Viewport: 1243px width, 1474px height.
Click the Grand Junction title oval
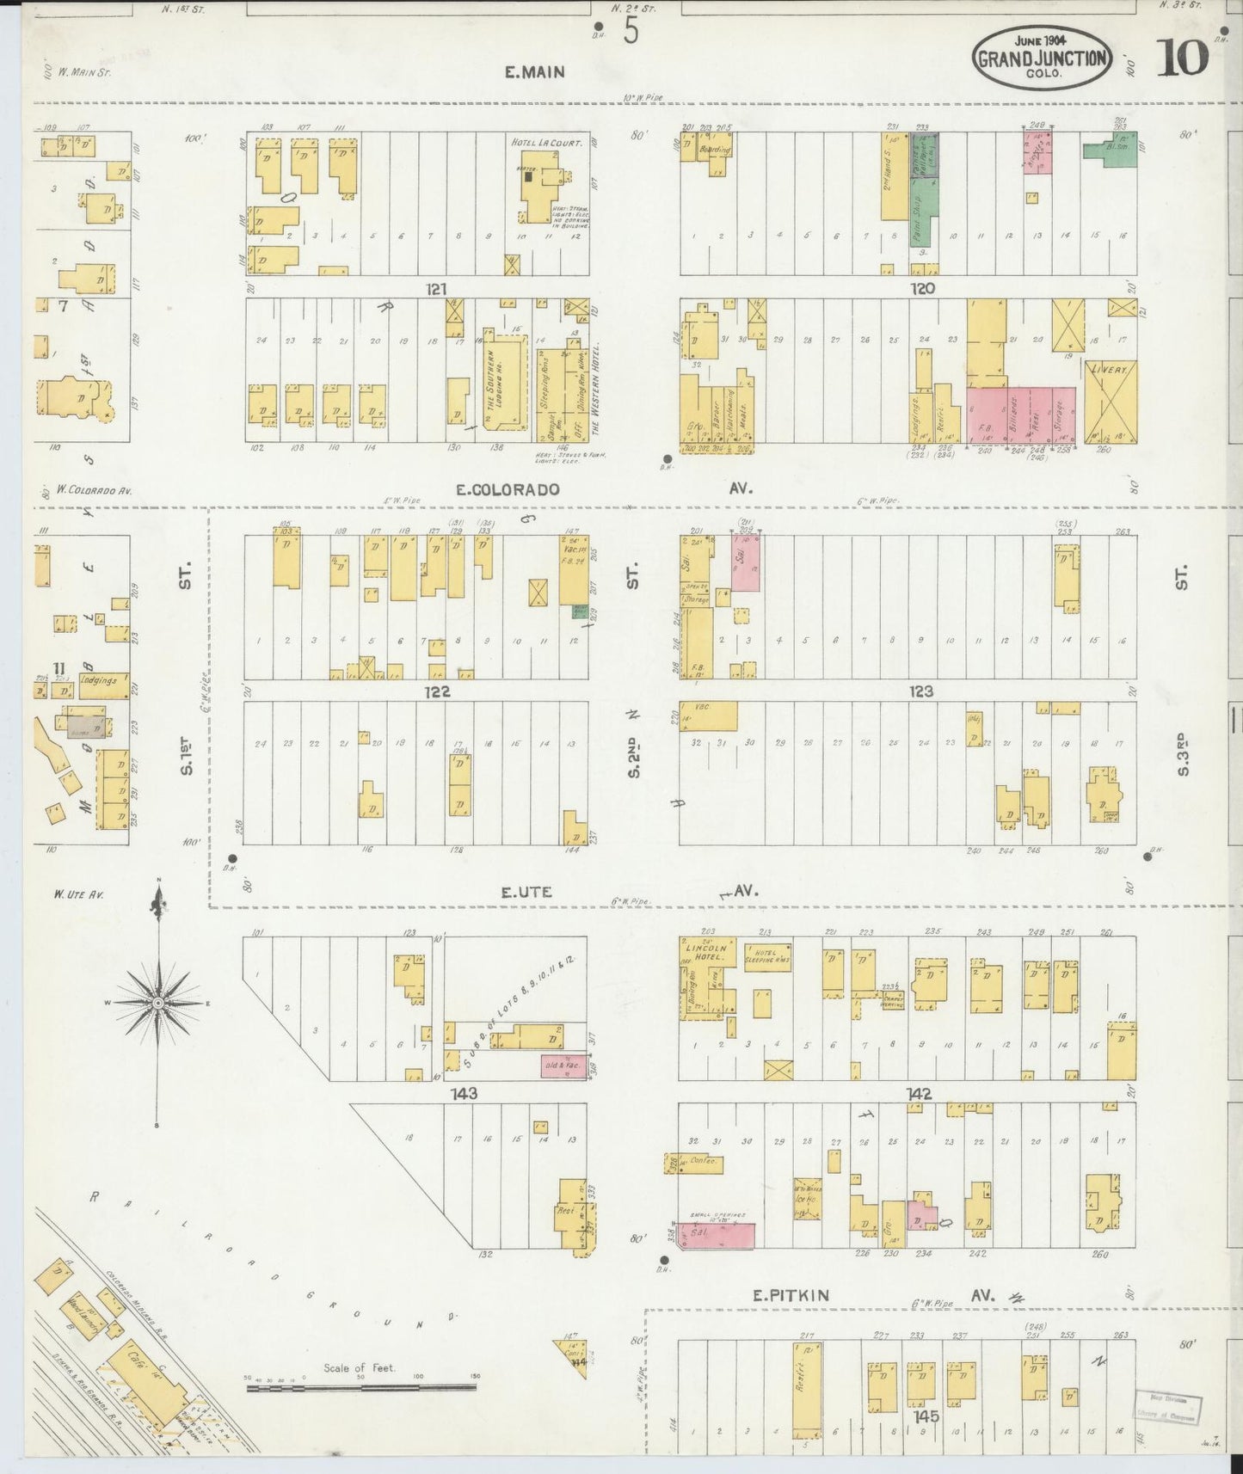(1043, 58)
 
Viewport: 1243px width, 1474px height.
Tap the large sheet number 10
(1182, 58)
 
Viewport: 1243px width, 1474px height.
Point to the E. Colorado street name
(508, 489)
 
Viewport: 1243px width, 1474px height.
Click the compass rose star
(158, 1003)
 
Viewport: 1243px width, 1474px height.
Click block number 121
(436, 289)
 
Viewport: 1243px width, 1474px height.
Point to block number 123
(920, 691)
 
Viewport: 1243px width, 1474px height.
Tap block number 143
(466, 1094)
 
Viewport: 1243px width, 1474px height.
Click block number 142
(920, 1094)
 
